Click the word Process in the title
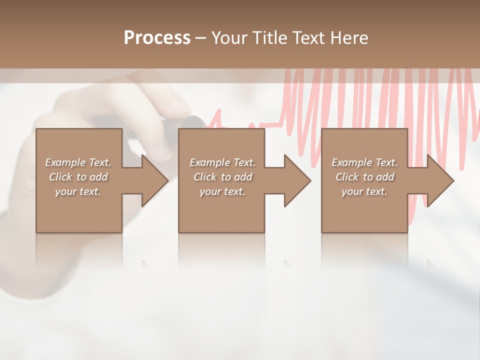tap(157, 38)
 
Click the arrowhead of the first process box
tap(154, 180)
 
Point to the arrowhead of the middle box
tap(296, 180)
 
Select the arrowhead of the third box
tap(439, 180)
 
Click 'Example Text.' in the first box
tap(78, 162)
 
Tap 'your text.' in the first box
tap(78, 191)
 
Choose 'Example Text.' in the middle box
tap(222, 162)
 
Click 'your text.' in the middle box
tap(222, 191)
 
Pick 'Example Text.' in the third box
tap(364, 162)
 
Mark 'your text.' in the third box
tap(364, 191)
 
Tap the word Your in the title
tap(228, 38)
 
